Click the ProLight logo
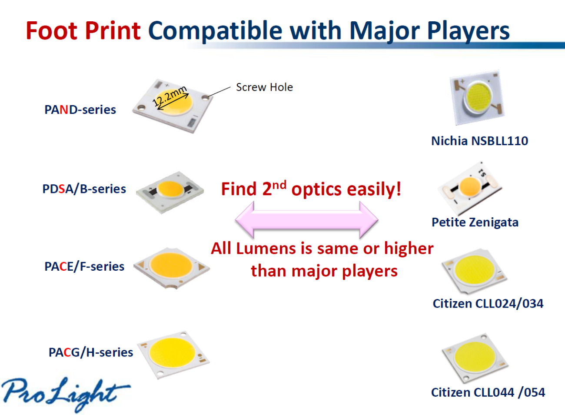click(66, 393)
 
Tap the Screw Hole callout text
click(264, 87)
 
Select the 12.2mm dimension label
click(169, 96)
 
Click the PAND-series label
click(80, 110)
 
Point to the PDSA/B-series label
click(84, 189)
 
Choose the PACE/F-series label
click(84, 266)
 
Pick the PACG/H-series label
click(91, 352)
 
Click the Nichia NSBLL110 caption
click(479, 141)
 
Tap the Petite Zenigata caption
click(475, 222)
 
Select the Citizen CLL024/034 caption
click(488, 304)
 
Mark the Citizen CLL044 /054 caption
click(488, 392)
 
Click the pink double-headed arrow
click(306, 220)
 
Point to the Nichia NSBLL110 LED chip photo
click(477, 97)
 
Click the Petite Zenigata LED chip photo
click(470, 188)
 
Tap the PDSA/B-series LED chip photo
click(170, 193)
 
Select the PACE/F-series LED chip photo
click(172, 268)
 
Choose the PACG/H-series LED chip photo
click(173, 355)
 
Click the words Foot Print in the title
click(83, 31)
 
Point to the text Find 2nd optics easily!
click(311, 189)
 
